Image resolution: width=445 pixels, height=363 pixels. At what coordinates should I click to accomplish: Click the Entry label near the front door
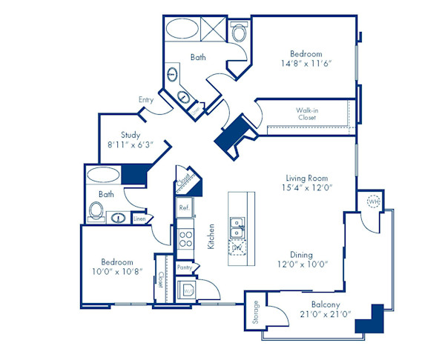click(146, 99)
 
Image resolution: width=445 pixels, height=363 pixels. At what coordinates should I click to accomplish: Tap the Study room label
click(131, 135)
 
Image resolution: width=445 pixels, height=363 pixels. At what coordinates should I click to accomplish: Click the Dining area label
click(307, 252)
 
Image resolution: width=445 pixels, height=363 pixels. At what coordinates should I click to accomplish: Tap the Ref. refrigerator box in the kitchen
click(184, 208)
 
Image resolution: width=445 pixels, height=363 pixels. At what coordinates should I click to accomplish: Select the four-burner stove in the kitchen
click(185, 238)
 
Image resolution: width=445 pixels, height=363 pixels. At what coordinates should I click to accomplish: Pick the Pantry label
click(185, 267)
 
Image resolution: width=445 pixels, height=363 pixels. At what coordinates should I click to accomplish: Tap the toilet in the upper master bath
click(239, 33)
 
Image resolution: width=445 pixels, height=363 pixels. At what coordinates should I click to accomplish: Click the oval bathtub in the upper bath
click(181, 30)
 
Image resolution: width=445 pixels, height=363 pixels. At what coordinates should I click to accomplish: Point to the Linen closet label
click(139, 219)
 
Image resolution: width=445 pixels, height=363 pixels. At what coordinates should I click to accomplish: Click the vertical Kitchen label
click(211, 236)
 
